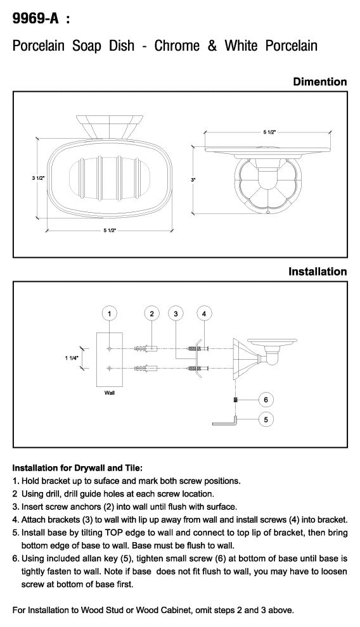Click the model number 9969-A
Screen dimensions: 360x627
(35, 18)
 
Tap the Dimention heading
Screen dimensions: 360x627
(319, 82)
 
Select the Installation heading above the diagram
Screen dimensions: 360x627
(318, 272)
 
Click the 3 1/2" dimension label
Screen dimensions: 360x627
(38, 178)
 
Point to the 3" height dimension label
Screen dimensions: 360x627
(193, 180)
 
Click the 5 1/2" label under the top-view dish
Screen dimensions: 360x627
(110, 231)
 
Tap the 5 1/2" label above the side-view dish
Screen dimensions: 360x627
(269, 132)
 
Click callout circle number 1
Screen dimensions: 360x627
(110, 313)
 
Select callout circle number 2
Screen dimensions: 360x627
(151, 313)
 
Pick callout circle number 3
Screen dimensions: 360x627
(176, 313)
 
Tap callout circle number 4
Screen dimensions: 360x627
(204, 313)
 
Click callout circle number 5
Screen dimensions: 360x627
(266, 419)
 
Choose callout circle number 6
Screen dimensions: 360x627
(266, 399)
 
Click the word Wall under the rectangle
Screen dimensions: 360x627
(110, 393)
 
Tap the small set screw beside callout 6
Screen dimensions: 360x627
(236, 399)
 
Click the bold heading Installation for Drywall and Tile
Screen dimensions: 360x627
(77, 467)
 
